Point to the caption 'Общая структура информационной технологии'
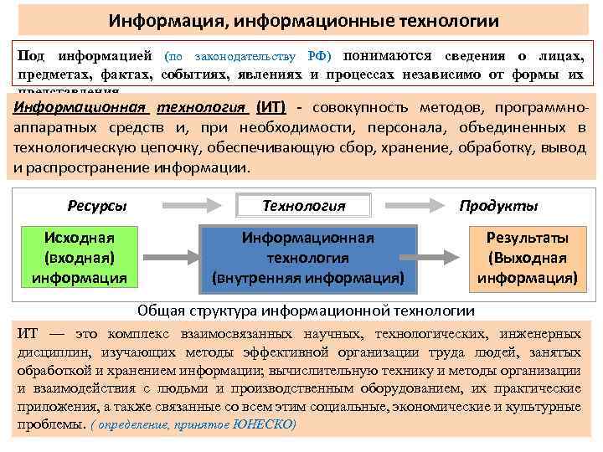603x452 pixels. coord(306,311)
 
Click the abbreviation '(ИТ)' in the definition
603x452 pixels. coord(270,109)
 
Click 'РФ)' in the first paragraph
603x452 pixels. coord(320,56)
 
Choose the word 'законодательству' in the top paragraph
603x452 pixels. coord(246,56)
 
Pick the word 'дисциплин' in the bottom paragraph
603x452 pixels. coord(46,352)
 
